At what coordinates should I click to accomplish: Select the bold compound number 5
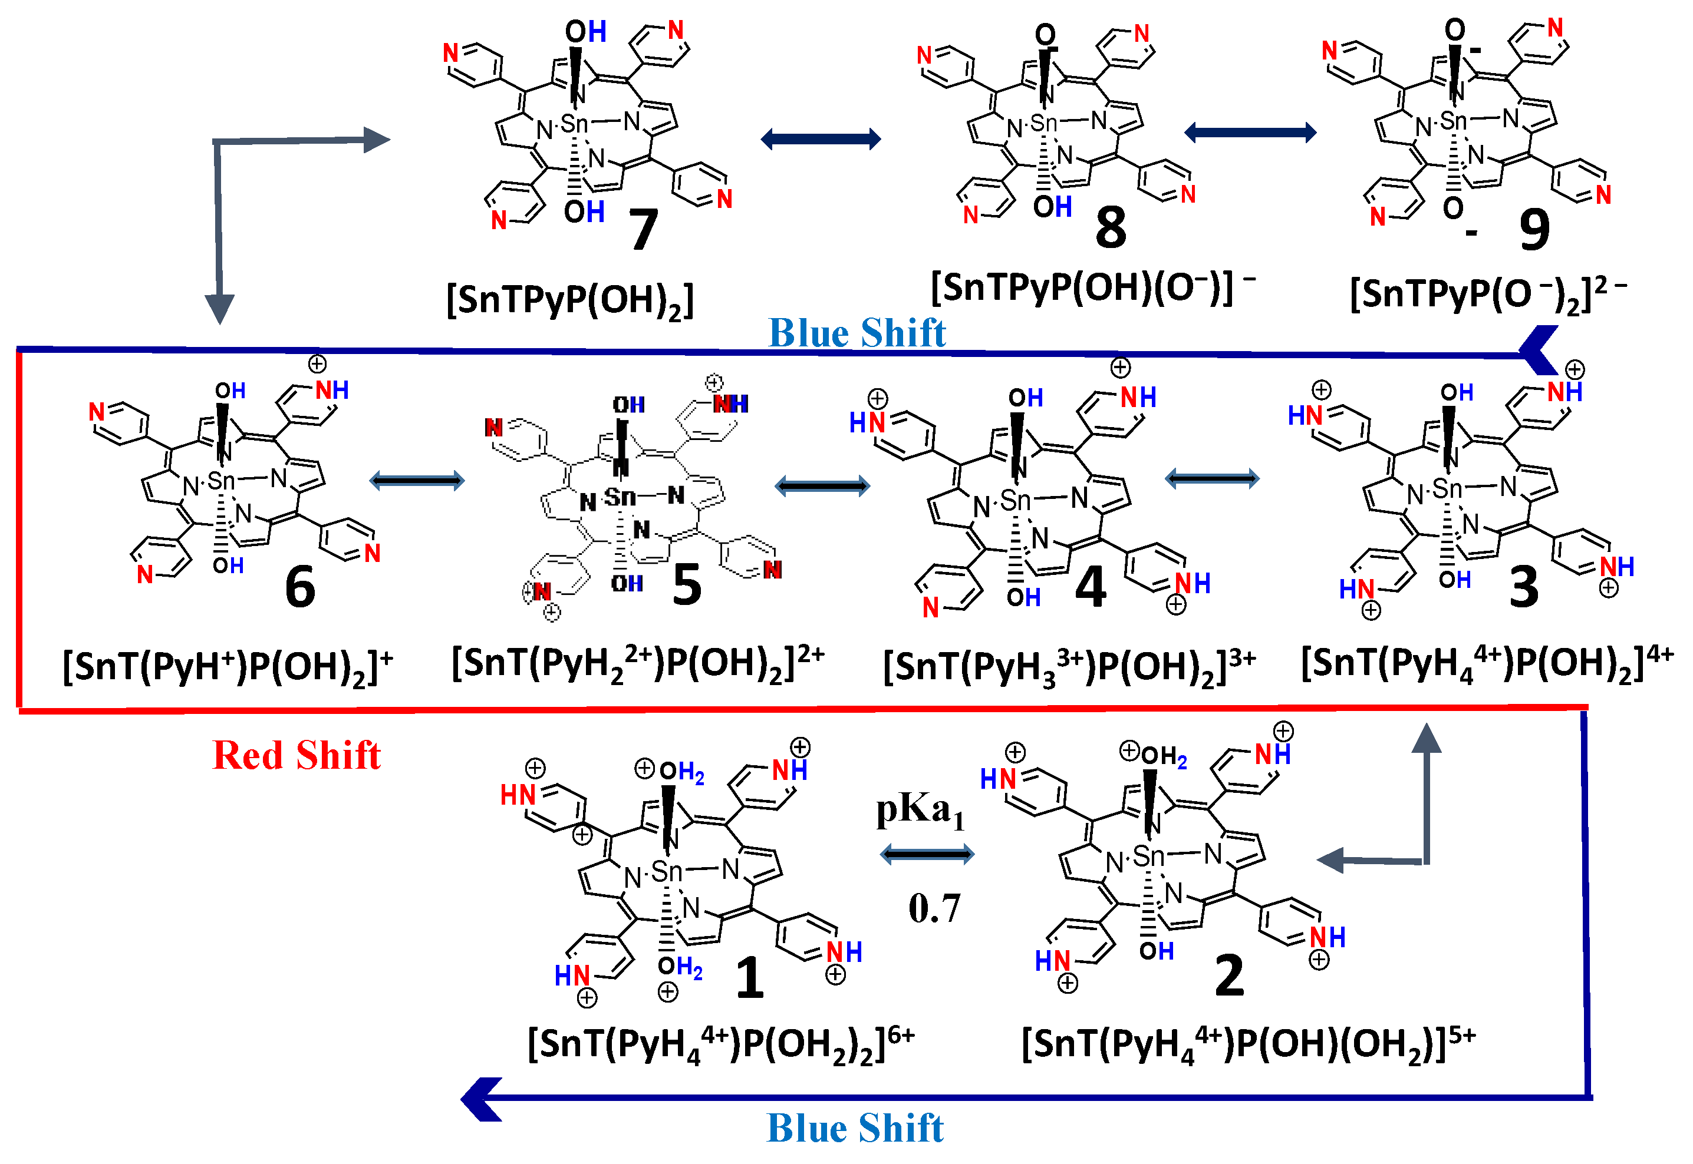point(687,585)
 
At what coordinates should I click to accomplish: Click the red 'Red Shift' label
point(297,755)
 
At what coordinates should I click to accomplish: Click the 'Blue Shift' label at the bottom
point(855,1128)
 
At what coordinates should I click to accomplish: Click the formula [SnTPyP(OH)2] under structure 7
point(570,300)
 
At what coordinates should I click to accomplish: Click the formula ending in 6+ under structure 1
point(720,1044)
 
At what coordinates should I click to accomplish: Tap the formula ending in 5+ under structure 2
point(1248,1044)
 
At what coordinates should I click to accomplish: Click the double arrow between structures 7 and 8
point(821,138)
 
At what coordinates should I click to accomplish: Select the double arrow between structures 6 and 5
point(417,480)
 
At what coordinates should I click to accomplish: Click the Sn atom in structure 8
point(1044,123)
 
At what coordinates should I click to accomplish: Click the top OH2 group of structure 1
point(681,772)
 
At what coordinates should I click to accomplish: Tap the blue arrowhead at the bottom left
point(482,1099)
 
